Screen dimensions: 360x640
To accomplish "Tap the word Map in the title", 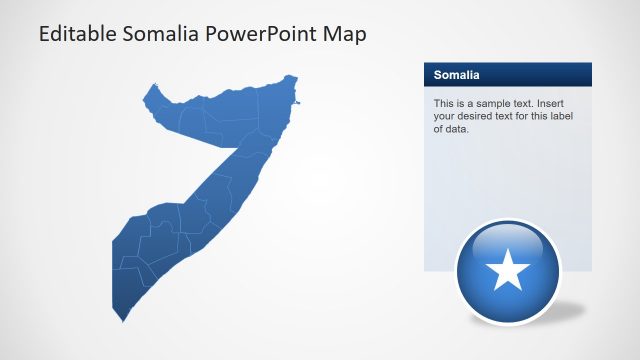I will tap(346, 34).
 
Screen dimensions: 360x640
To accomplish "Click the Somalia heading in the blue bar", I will tap(457, 75).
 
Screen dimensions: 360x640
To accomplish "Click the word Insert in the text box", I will tap(570, 104).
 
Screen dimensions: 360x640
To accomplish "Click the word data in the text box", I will tap(457, 128).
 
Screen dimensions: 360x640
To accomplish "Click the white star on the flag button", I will tap(509, 269).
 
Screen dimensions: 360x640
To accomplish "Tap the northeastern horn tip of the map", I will tap(295, 77).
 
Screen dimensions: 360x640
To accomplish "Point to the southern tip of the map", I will tap(123, 320).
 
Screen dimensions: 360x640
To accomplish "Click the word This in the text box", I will tap(444, 104).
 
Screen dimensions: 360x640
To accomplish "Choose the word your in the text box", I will tap(446, 116).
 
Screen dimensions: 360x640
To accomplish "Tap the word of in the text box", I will tap(439, 128).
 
